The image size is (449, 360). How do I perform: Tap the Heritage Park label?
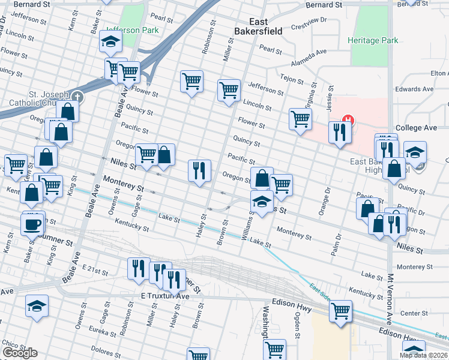(x=372, y=41)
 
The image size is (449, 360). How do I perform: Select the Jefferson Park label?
(x=131, y=30)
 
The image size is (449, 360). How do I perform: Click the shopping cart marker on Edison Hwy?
(x=340, y=311)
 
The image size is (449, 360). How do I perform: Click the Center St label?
(x=414, y=313)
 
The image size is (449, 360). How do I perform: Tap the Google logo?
(x=20, y=353)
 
